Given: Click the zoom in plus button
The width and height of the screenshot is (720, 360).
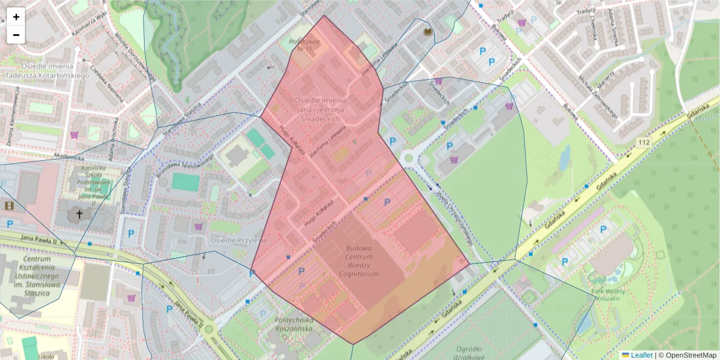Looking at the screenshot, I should tap(16, 17).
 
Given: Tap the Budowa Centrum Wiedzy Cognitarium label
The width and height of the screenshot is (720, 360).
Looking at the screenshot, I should tap(359, 260).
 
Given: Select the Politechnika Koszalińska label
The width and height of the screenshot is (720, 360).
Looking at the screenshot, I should tap(302, 324).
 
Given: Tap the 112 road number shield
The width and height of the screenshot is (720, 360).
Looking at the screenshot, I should tap(644, 142).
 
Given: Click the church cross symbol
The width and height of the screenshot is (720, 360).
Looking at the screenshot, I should tap(79, 214).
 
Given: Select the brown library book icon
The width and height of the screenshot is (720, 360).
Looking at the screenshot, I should tap(428, 32).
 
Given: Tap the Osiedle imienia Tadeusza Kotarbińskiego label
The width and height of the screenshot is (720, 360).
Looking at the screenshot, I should tap(38, 71).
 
